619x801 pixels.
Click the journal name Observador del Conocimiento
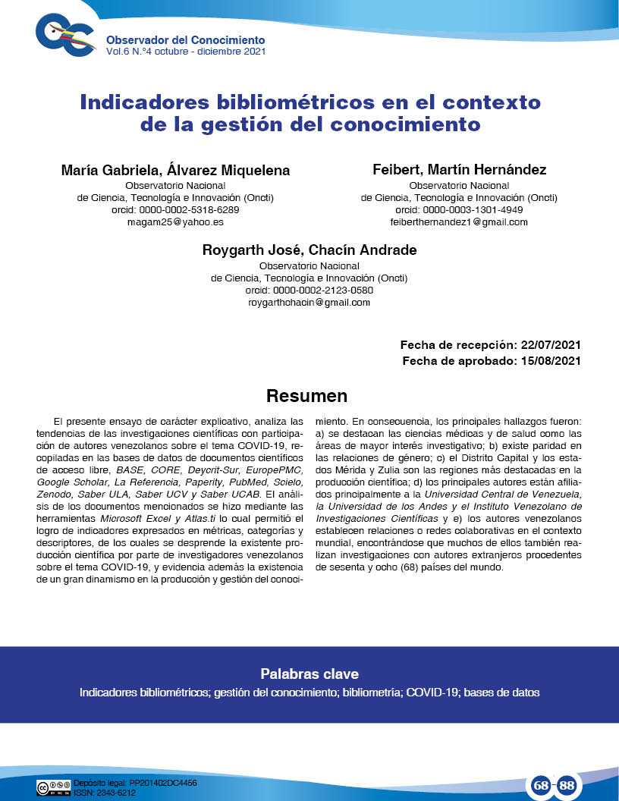185,39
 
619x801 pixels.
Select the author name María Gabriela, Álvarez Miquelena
175,171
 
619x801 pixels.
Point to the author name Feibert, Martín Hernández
460,170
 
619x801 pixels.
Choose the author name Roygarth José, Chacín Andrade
309,250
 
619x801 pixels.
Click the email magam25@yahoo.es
175,222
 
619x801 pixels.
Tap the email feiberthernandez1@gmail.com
460,222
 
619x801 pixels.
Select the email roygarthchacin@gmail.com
309,302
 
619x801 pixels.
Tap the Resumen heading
306,396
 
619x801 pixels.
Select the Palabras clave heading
309,674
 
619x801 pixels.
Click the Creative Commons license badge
53,787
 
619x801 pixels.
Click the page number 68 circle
541,786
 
